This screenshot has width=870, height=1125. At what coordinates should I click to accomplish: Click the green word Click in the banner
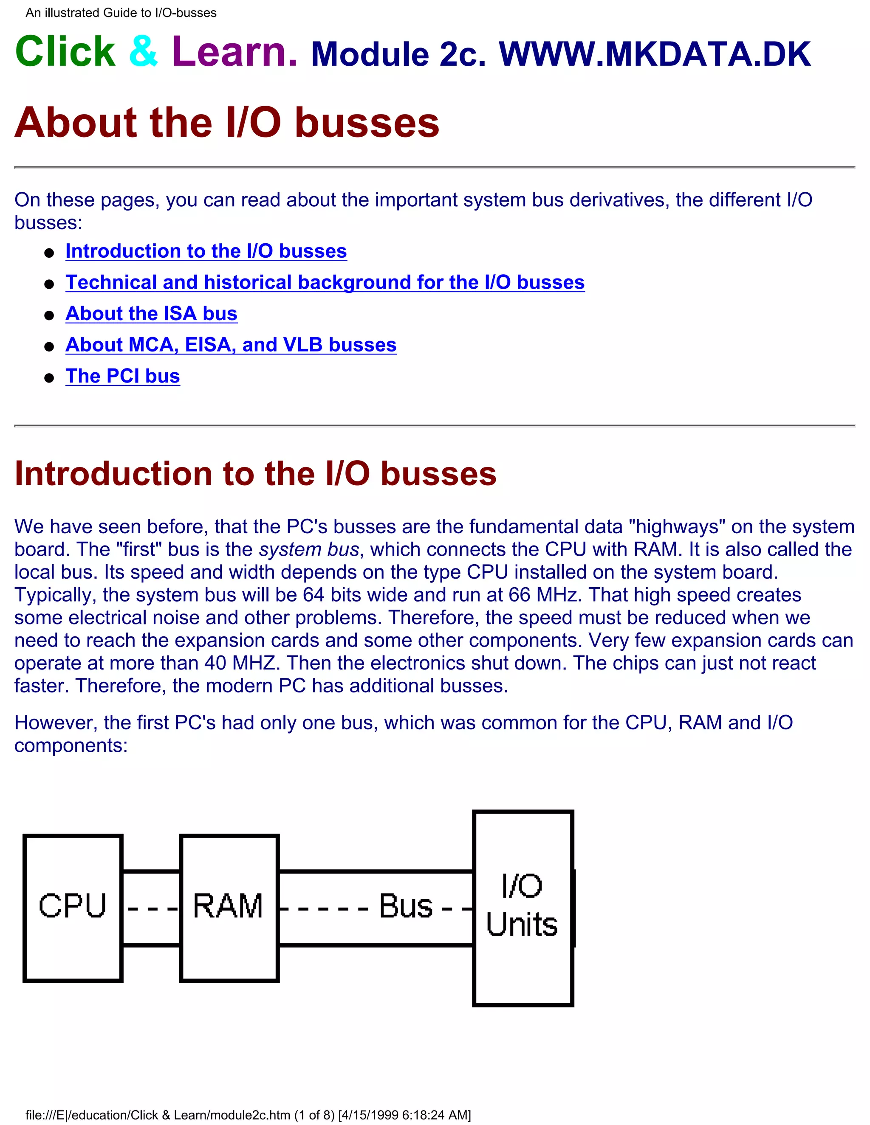coord(65,52)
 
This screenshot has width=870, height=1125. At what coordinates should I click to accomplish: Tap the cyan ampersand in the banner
coord(143,52)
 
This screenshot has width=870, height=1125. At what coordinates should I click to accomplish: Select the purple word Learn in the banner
coord(234,52)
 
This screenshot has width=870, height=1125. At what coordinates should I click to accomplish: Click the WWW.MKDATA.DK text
coord(655,54)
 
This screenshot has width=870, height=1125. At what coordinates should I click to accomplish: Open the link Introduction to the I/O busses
coord(206,251)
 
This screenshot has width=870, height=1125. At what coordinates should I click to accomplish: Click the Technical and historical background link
coord(325,282)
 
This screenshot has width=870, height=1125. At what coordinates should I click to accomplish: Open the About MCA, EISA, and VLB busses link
coord(231,345)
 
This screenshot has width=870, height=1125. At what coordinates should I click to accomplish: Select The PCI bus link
coord(123,377)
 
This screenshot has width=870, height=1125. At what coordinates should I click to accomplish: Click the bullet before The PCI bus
coord(49,378)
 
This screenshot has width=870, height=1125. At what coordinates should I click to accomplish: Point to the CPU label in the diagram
coord(72,906)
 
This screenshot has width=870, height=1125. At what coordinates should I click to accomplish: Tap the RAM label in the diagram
coord(228,906)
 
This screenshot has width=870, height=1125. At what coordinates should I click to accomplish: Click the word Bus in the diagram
coord(406,906)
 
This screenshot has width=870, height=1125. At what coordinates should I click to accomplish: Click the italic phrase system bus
coord(309,550)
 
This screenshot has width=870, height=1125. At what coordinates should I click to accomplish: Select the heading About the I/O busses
coord(227,123)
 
